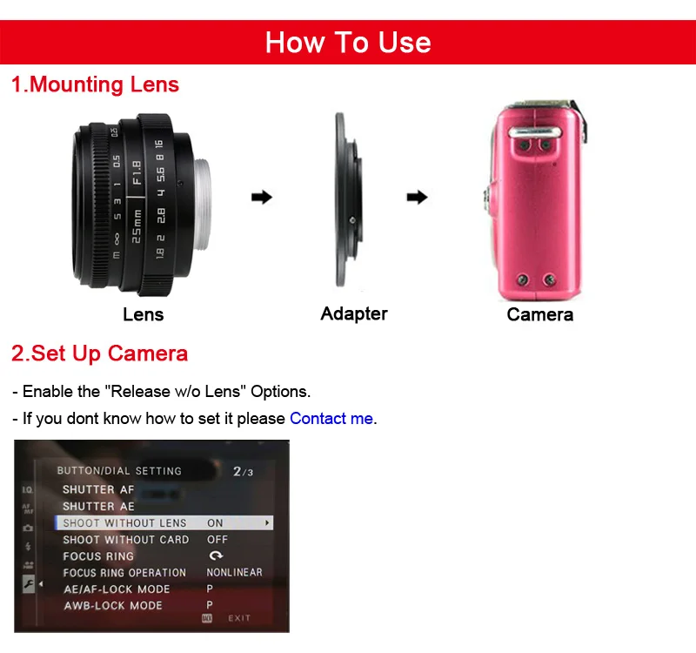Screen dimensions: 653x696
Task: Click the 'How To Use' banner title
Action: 348,42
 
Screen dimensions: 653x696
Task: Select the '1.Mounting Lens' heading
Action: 95,84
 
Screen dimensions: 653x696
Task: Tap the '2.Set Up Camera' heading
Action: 99,353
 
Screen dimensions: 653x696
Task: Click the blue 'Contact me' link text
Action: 331,418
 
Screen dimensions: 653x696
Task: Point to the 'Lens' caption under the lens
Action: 143,314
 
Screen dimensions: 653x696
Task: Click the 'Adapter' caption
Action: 354,313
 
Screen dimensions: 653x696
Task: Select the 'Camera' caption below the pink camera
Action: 539,314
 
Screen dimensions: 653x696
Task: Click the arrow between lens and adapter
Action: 261,198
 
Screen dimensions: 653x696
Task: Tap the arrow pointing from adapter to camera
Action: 418,198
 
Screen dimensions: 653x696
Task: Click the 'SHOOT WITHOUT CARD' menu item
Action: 125,540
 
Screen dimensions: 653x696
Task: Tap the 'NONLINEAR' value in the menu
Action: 234,573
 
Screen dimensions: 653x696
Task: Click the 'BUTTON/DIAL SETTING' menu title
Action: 119,471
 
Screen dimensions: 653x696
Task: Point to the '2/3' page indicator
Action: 243,471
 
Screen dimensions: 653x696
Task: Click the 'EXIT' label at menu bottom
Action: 239,618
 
